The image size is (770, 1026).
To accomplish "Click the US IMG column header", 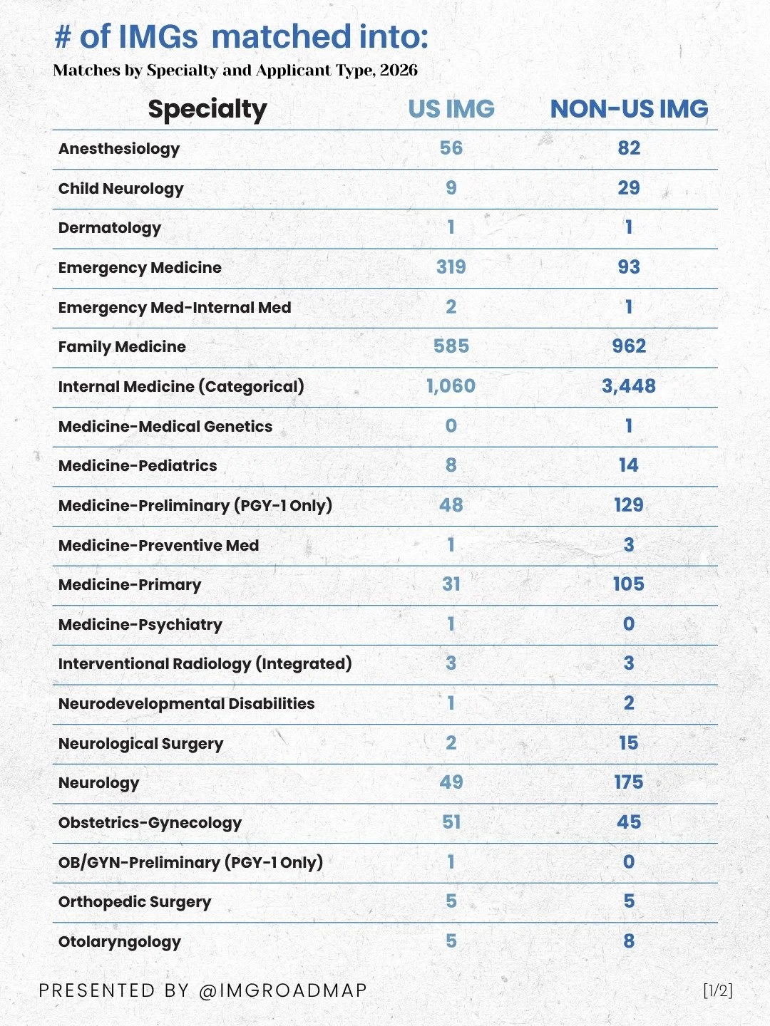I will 451,109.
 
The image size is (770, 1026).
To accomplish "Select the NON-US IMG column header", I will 629,109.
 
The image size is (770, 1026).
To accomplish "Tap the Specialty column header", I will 207,110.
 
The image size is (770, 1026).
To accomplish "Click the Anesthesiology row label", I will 119,149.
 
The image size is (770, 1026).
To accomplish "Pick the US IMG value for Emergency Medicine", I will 451,267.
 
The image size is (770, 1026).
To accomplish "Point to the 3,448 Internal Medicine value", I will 629,386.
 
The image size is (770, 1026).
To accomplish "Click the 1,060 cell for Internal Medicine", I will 451,386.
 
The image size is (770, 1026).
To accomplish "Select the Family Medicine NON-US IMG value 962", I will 629,346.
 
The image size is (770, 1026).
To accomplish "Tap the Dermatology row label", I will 110,228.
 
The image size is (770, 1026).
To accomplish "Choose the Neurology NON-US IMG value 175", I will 629,782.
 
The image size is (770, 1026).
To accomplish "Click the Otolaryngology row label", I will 120,942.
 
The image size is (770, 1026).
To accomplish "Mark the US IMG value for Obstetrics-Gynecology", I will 451,822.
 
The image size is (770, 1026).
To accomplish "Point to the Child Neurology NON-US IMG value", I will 629,188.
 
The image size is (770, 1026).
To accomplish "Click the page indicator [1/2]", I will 717,990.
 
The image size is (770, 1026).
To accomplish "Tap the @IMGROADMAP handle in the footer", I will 283,990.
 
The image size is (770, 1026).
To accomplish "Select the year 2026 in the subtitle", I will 399,71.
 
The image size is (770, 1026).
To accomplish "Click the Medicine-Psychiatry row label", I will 140,625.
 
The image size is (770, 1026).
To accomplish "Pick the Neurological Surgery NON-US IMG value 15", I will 629,743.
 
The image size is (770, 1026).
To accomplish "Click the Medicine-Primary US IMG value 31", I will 451,584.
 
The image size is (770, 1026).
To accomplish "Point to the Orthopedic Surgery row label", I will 135,902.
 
